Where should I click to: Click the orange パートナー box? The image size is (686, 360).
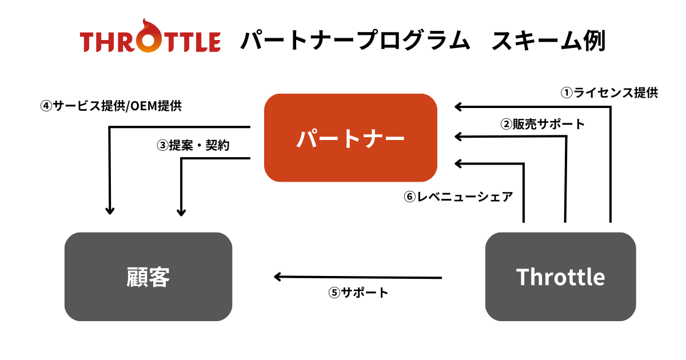(350, 138)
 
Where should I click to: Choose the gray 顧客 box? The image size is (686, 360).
(148, 277)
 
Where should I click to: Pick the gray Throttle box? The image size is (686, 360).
(560, 277)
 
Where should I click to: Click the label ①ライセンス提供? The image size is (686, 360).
(609, 93)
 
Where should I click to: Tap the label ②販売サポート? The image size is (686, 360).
(543, 123)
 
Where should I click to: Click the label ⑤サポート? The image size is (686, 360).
(358, 293)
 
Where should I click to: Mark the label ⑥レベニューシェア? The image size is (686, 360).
(458, 197)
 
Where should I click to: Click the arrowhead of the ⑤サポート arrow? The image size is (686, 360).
(278, 277)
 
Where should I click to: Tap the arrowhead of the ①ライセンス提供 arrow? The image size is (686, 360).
(458, 106)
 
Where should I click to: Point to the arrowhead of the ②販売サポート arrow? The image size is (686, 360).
(458, 136)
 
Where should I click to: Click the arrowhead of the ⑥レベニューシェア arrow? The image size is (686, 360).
(458, 164)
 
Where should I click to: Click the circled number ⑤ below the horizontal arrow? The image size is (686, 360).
(334, 293)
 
